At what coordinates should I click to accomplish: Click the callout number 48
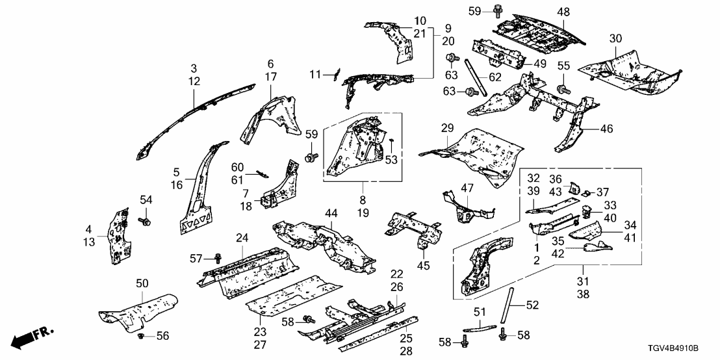(x=563, y=11)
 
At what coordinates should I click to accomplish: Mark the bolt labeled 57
(x=218, y=259)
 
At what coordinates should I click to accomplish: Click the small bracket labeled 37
(x=586, y=193)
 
